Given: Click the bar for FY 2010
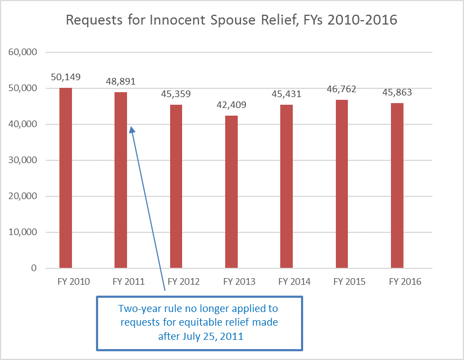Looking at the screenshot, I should pyautogui.click(x=65, y=178).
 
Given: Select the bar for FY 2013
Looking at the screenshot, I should pyautogui.click(x=231, y=191).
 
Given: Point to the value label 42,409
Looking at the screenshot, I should pyautogui.click(x=231, y=105).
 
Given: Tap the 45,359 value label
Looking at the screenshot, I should pyautogui.click(x=176, y=94).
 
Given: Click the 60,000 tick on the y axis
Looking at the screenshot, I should pyautogui.click(x=22, y=52).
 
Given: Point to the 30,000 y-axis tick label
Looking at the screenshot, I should pyautogui.click(x=22, y=160).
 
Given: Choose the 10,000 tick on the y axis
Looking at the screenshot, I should pyautogui.click(x=22, y=232).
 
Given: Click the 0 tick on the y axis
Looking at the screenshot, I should pyautogui.click(x=33, y=268).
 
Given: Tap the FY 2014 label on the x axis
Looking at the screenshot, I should pyautogui.click(x=294, y=282).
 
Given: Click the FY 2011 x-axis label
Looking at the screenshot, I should pyautogui.click(x=128, y=282).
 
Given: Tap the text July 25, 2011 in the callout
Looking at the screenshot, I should pyautogui.click(x=210, y=336).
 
